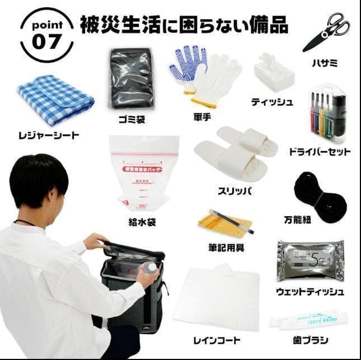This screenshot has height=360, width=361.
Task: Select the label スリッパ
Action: point(235,191)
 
